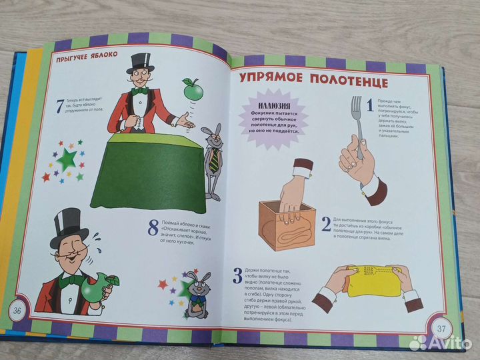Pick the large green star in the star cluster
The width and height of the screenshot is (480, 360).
pos(66,161)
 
